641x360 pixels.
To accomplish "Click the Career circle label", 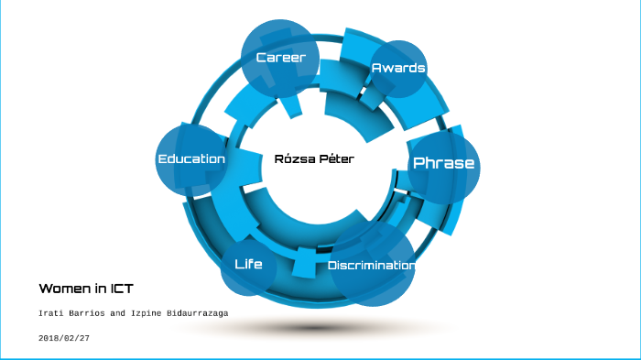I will pos(280,58).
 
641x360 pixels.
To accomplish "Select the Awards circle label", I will pos(398,68).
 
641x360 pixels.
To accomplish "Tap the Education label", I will pos(191,158).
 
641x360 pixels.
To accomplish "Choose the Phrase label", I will pos(444,163).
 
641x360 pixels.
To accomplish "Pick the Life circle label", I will pos(248,264).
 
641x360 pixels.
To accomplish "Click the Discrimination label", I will pos(371,266).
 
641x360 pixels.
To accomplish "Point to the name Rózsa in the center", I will pos(294,158).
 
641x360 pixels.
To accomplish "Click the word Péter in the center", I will pos(335,158).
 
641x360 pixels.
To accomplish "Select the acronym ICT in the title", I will pos(122,289).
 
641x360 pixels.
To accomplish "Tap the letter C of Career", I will pos(261,58).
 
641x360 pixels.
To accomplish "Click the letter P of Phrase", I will pos(419,163).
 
